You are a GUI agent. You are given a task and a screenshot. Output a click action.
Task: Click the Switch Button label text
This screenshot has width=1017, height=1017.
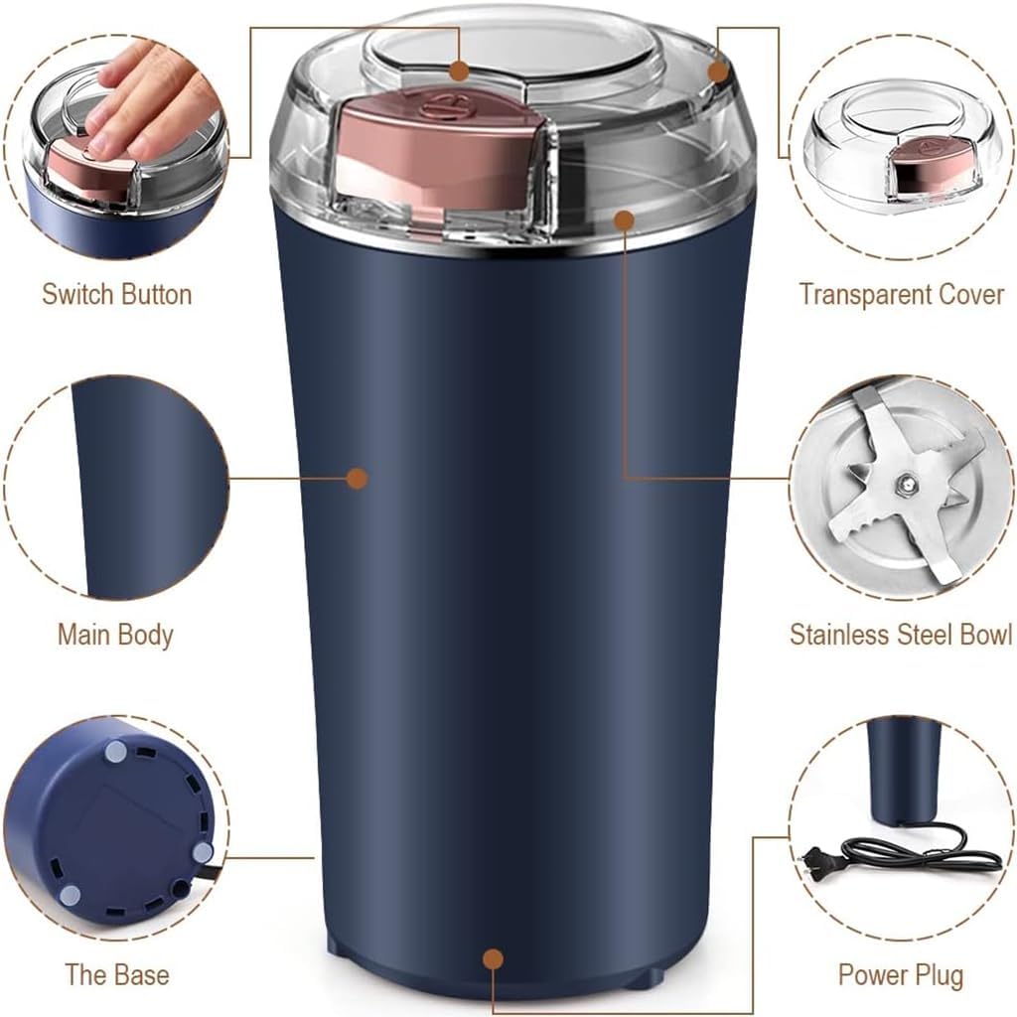coord(116,295)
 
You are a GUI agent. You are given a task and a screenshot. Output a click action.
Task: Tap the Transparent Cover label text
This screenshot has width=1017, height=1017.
coord(902,295)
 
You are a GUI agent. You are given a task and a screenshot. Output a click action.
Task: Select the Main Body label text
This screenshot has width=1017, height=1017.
coord(115,635)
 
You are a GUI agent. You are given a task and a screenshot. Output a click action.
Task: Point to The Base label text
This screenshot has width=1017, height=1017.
coord(116,974)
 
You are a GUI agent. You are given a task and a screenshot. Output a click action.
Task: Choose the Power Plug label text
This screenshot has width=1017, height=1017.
coord(901,974)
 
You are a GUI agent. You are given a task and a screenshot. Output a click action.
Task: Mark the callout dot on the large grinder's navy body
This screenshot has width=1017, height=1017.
coord(358,479)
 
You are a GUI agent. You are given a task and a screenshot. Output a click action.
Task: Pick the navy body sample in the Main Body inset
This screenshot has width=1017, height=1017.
coord(139,487)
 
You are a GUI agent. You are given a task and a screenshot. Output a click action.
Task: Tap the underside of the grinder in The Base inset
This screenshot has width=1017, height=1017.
coord(114,824)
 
